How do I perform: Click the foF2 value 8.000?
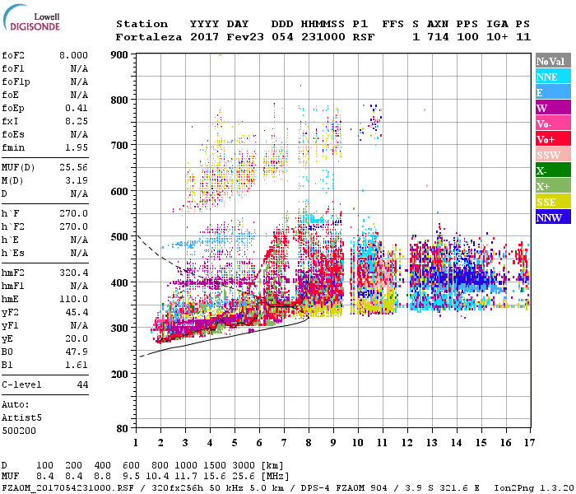click(x=72, y=55)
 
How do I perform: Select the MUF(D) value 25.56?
click(x=72, y=166)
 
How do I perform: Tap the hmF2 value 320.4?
click(x=72, y=273)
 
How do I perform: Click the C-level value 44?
click(x=82, y=384)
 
